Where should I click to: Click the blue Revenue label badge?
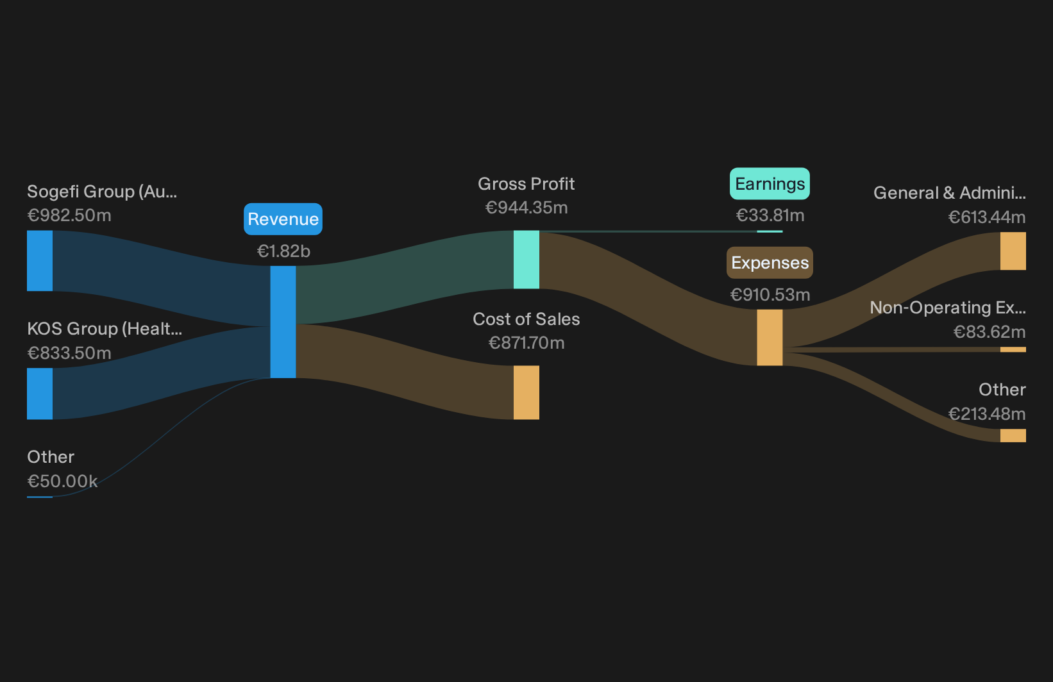coord(283,219)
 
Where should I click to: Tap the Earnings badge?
coord(770,184)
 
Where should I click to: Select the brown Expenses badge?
coord(770,263)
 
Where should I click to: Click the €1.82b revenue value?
coord(283,251)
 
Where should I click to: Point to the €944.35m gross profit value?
coord(526,207)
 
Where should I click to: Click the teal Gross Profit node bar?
coord(526,260)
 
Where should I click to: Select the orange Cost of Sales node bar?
coord(526,392)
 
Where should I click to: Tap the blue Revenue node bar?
coord(283,322)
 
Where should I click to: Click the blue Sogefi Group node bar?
coord(40,260)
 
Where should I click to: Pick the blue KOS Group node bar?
coord(40,394)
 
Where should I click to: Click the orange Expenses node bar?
coord(770,338)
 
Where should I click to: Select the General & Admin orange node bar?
coord(1013,251)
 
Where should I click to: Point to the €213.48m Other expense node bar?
coord(1013,435)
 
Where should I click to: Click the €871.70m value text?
coord(526,343)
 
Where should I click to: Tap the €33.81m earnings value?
coord(770,215)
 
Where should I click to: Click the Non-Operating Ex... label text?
coord(948,308)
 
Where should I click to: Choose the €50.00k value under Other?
coord(62,481)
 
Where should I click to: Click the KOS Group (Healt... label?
coord(105,329)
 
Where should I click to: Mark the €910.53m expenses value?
coord(770,295)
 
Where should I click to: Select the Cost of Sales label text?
coord(526,319)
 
